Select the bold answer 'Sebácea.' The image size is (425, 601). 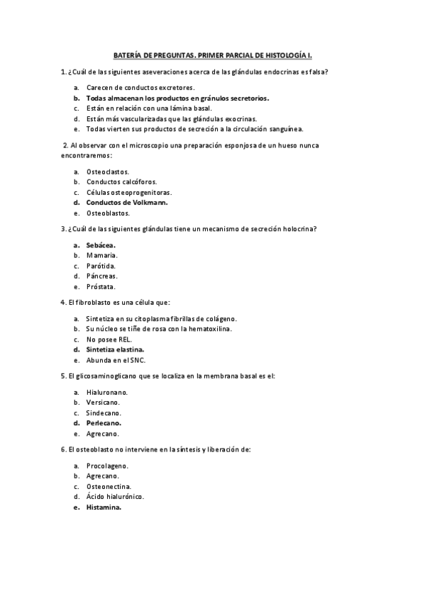(x=101, y=245)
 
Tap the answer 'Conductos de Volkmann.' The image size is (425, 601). (x=127, y=202)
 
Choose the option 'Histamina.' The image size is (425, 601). (x=104, y=507)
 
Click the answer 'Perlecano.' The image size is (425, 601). (x=104, y=423)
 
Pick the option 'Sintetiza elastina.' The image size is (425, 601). (x=116, y=349)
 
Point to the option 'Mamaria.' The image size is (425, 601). (x=101, y=255)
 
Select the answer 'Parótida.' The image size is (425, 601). (x=101, y=265)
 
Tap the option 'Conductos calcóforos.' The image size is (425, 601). (x=121, y=181)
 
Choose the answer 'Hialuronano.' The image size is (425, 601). (x=107, y=392)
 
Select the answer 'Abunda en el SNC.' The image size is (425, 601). (x=116, y=360)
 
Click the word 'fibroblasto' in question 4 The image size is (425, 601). (x=93, y=303)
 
